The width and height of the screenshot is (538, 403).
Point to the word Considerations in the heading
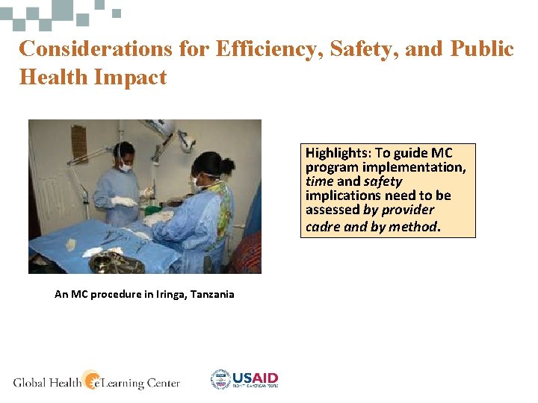(96, 49)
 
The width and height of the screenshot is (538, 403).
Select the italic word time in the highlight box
(318, 181)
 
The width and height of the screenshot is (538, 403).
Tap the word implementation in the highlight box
(421, 167)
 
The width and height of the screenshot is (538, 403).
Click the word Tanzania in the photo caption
(212, 294)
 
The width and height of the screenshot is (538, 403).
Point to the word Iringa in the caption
(166, 294)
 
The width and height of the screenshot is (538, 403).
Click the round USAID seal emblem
(220, 380)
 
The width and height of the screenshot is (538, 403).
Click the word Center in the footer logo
(161, 383)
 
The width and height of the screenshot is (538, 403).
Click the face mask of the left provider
(125, 167)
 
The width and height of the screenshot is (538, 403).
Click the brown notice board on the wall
(79, 143)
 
